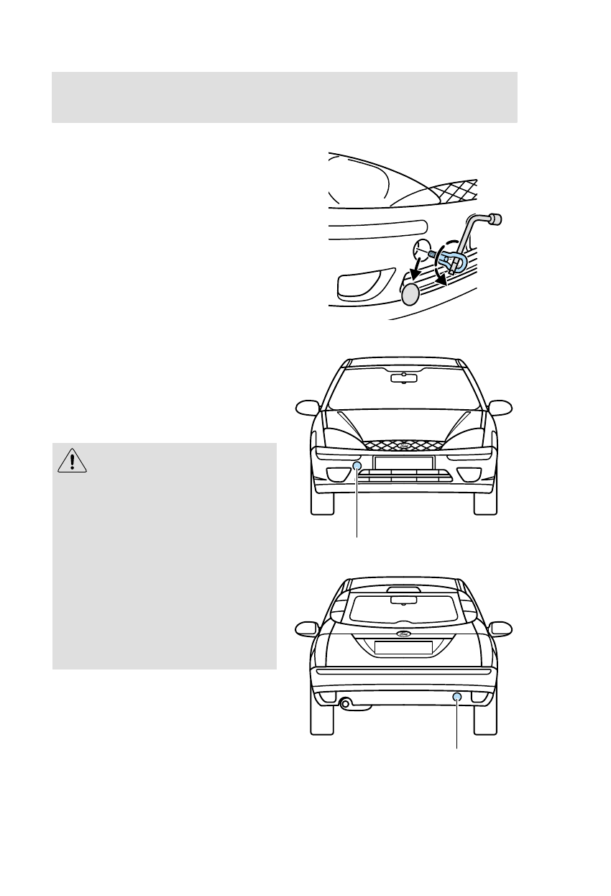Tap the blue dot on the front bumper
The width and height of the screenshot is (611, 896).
(x=357, y=467)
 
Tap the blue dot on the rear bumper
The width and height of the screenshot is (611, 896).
(x=456, y=697)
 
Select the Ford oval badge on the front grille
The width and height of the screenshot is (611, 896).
(x=404, y=447)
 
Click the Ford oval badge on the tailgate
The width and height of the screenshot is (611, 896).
(x=403, y=634)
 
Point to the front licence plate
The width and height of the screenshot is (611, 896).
(x=403, y=462)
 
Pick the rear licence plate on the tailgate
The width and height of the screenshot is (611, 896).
(x=403, y=648)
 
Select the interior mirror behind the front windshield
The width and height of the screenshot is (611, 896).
(x=404, y=378)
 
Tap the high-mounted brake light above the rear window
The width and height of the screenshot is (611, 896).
(x=403, y=590)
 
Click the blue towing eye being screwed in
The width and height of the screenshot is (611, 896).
(x=452, y=262)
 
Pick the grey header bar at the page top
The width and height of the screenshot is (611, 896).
(x=285, y=97)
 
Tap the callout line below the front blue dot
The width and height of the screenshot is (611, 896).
(x=357, y=503)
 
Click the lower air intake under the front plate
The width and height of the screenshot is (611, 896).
(x=404, y=477)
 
